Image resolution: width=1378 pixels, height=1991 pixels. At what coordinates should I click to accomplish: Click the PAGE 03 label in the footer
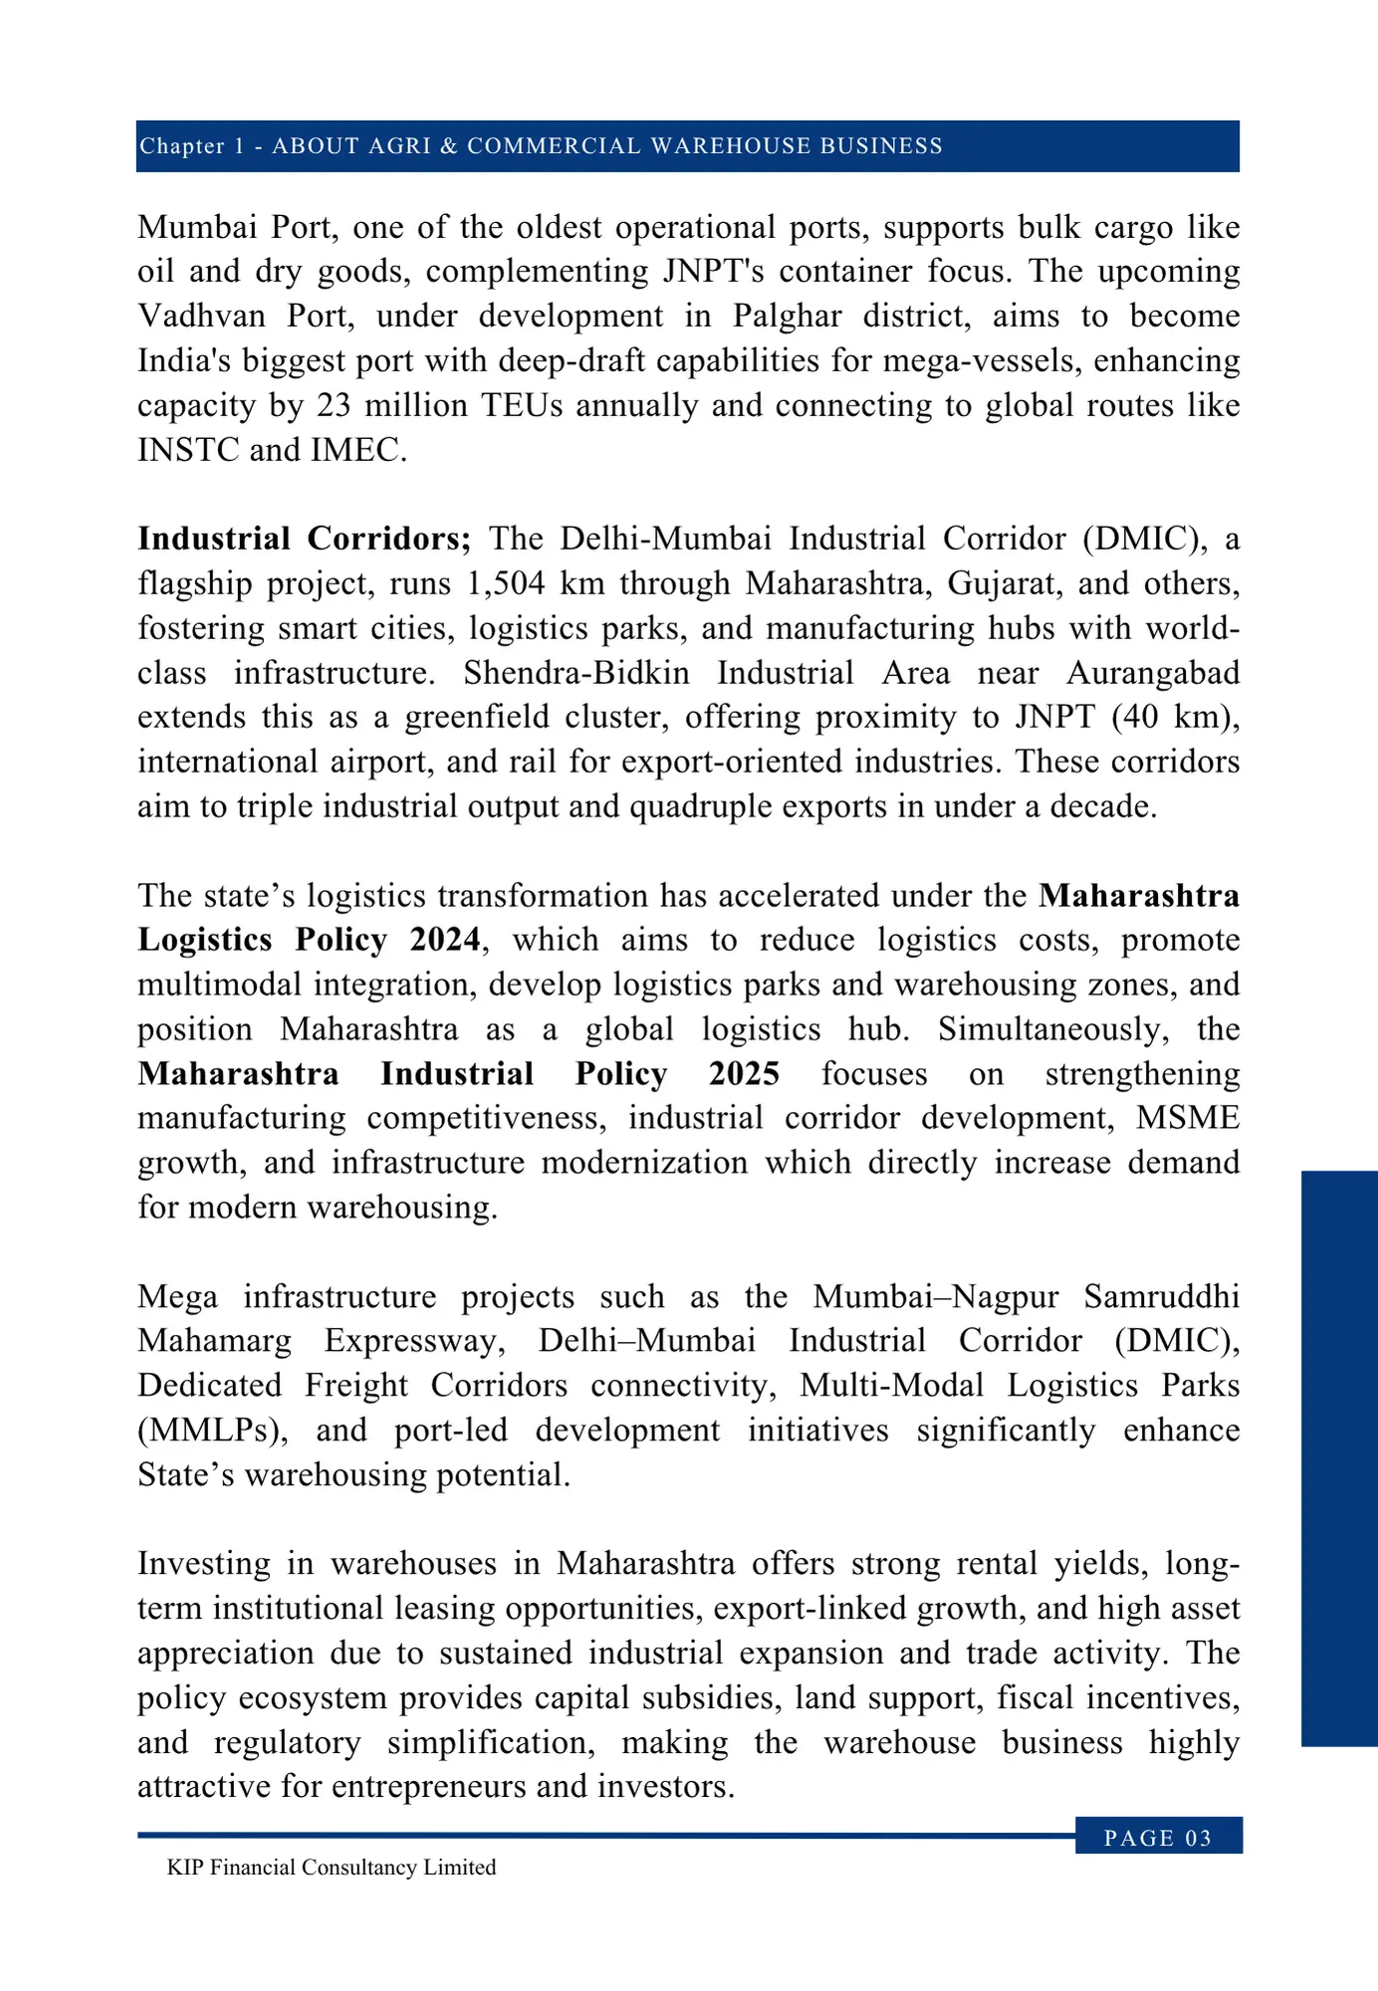[x=1158, y=1838]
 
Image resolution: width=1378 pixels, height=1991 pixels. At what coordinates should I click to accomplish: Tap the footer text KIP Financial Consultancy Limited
[x=332, y=1868]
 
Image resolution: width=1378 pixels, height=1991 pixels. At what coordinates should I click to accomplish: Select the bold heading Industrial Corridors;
[x=304, y=539]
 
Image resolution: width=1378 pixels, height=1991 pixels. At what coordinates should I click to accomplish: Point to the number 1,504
[x=506, y=583]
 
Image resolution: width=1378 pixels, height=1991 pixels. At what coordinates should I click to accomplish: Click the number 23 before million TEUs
[x=336, y=406]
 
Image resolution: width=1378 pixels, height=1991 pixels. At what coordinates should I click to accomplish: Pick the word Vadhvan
[x=202, y=317]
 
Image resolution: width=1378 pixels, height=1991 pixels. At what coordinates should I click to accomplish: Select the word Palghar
[x=787, y=317]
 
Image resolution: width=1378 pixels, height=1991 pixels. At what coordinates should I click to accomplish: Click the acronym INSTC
[x=188, y=451]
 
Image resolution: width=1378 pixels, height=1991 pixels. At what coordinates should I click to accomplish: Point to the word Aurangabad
[x=1153, y=673]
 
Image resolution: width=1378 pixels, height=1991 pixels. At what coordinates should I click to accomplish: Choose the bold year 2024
[x=445, y=940]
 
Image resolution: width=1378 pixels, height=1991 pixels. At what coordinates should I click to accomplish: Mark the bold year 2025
[x=744, y=1074]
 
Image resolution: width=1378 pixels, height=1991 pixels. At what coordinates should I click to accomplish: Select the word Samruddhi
[x=1161, y=1297]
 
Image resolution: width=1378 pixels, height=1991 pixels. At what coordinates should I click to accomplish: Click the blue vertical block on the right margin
[x=1339, y=1458]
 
